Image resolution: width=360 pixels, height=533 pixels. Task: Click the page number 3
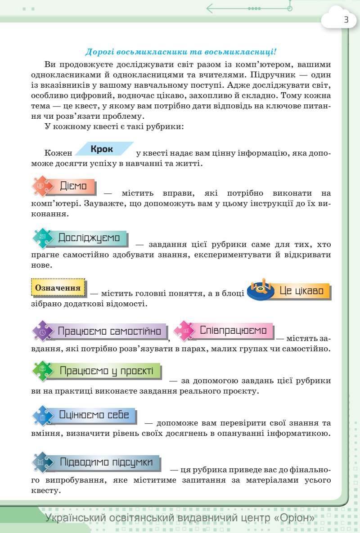click(346, 20)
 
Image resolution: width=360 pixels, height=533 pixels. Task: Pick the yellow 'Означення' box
click(58, 288)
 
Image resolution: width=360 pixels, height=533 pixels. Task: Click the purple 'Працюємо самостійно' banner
click(109, 331)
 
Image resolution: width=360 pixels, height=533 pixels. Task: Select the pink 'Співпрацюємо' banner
click(233, 330)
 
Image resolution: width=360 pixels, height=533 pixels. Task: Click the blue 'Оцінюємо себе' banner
click(94, 415)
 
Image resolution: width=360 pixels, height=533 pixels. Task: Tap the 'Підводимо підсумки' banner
click(106, 462)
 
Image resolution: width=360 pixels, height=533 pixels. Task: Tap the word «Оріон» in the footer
click(294, 518)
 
